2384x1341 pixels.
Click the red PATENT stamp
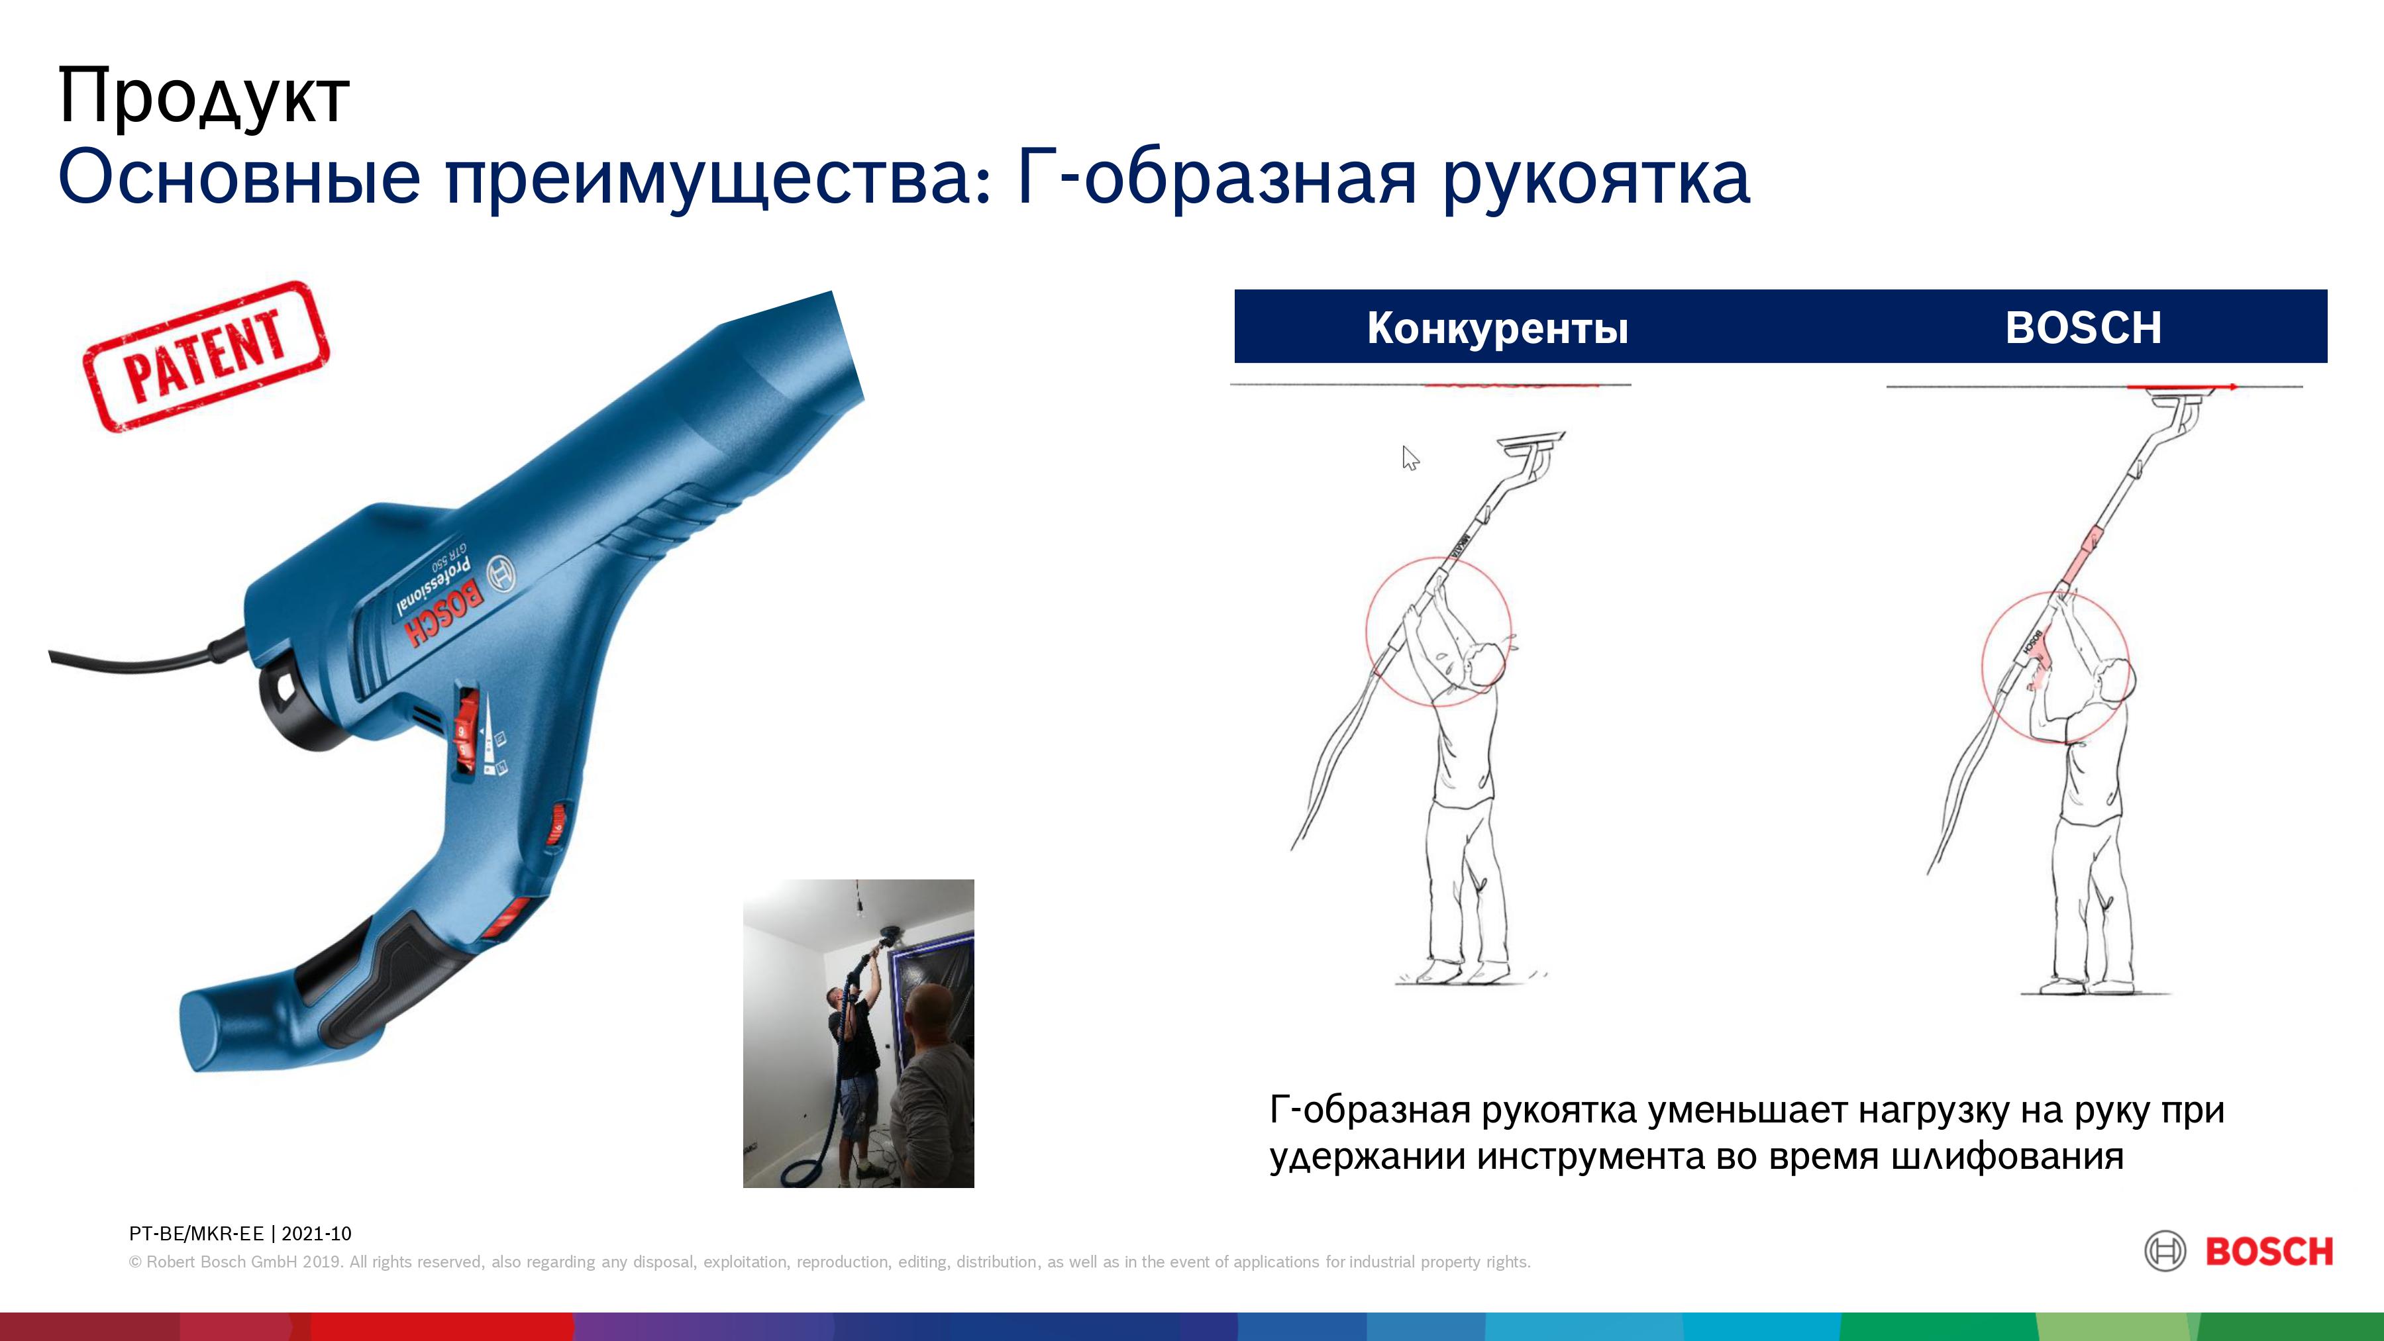pos(205,356)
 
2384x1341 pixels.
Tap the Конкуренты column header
pos(1498,328)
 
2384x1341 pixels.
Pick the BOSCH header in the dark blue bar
pos(2083,328)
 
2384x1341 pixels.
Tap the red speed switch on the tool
pos(464,732)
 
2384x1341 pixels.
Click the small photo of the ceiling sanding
pos(858,1033)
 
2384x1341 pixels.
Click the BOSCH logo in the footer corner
pos(2239,1251)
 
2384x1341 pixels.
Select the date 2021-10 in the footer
pos(317,1234)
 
